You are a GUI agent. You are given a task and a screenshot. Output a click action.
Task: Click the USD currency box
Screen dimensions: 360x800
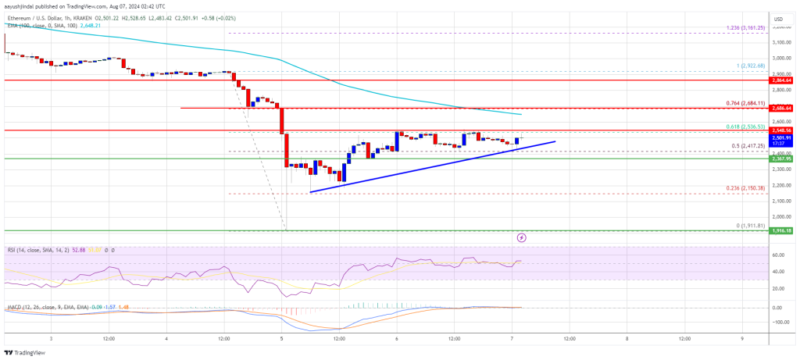(x=778, y=18)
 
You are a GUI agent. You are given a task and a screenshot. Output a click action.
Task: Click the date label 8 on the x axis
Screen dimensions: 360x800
(x=627, y=339)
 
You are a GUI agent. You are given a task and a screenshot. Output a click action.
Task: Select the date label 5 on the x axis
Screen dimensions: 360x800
(x=281, y=339)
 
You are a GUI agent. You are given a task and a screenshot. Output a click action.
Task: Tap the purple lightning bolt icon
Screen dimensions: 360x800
(x=522, y=236)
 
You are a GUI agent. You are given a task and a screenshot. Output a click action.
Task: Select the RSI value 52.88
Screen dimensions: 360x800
(x=78, y=250)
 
